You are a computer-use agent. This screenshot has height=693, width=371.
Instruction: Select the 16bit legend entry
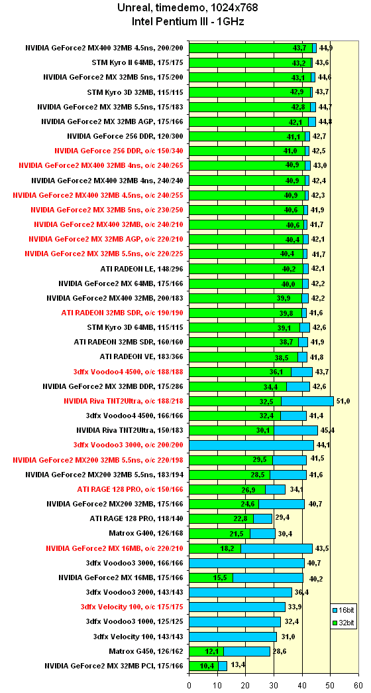click(343, 610)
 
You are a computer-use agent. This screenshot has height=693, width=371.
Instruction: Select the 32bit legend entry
click(343, 623)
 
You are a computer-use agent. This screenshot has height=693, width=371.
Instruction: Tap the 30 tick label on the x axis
click(274, 685)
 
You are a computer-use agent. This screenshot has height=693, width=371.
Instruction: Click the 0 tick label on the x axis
click(189, 685)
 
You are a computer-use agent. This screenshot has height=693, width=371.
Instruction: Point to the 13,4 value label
click(237, 666)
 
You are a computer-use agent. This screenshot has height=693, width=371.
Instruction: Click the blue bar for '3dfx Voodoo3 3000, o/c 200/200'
click(252, 445)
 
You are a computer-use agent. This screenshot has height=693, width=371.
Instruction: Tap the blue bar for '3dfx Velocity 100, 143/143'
click(233, 637)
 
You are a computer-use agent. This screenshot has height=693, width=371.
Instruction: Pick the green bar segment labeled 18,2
click(215, 548)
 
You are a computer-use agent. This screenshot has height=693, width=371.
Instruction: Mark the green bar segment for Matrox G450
click(207, 651)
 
